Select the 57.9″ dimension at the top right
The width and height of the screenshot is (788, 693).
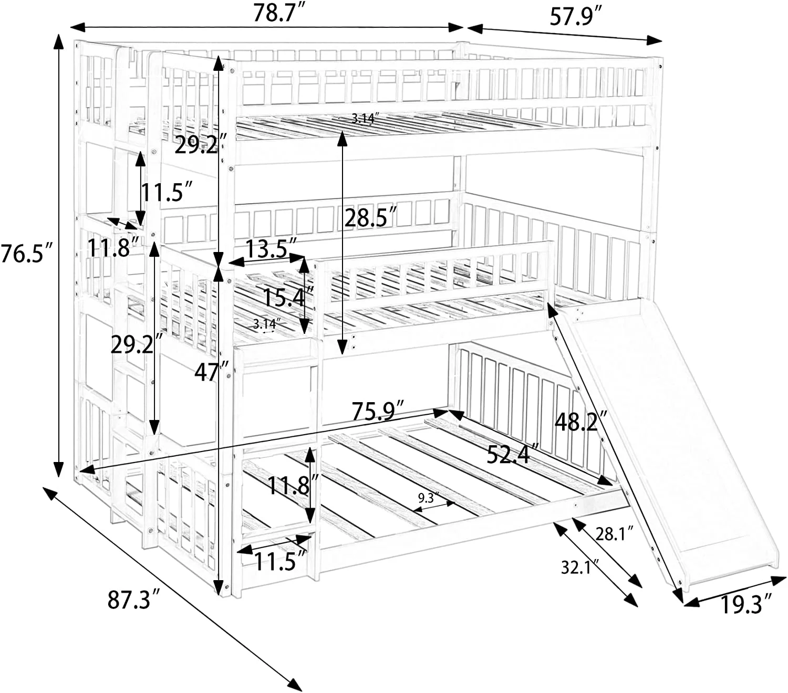(575, 17)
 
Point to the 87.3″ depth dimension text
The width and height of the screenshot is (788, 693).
(133, 600)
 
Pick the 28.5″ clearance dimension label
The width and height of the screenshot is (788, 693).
(370, 217)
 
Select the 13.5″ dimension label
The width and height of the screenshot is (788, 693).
(271, 248)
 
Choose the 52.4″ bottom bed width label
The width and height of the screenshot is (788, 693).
(513, 454)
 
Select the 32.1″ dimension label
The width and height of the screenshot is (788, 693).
(580, 567)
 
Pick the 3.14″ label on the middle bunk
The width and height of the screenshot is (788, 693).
(266, 324)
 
